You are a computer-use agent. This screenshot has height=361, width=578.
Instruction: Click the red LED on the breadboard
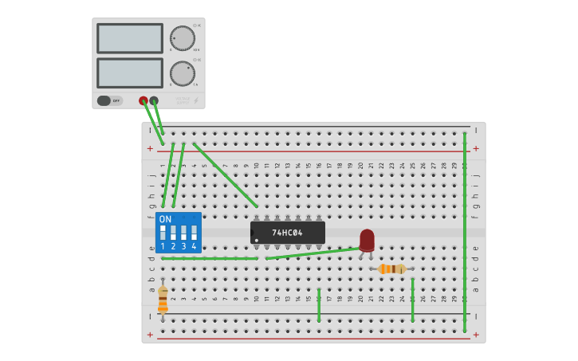click(x=367, y=240)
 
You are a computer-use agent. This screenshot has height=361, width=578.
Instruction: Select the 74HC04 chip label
click(x=287, y=233)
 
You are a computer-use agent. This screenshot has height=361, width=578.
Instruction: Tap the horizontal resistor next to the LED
click(x=391, y=269)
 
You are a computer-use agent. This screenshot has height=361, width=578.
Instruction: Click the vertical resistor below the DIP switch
click(x=163, y=300)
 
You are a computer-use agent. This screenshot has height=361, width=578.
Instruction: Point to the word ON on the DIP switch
click(x=165, y=219)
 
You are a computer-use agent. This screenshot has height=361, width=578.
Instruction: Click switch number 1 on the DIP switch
click(x=163, y=233)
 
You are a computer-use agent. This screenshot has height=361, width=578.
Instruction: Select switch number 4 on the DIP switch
click(x=194, y=233)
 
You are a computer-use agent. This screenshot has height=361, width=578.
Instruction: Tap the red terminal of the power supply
click(x=144, y=100)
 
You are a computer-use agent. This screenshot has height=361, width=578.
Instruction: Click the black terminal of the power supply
click(x=154, y=100)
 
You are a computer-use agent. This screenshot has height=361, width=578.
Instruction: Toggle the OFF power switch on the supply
click(x=110, y=100)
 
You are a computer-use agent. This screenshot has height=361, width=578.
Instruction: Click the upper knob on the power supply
click(x=182, y=38)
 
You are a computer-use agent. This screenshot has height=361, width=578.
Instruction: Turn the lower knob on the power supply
click(x=182, y=73)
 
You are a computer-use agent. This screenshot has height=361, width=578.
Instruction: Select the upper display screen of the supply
click(x=130, y=38)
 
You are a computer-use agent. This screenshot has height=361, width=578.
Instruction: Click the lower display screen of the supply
click(x=130, y=73)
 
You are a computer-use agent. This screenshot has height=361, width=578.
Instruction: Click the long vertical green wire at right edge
click(x=465, y=231)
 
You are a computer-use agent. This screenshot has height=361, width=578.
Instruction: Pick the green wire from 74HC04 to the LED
click(x=313, y=253)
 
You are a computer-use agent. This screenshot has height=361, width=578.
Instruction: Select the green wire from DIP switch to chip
click(x=209, y=258)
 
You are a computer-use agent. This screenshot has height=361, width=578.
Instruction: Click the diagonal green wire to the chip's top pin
click(x=225, y=175)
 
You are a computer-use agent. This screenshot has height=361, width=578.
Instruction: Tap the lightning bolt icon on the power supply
click(x=196, y=101)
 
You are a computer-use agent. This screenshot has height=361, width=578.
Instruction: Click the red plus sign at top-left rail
click(x=150, y=148)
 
